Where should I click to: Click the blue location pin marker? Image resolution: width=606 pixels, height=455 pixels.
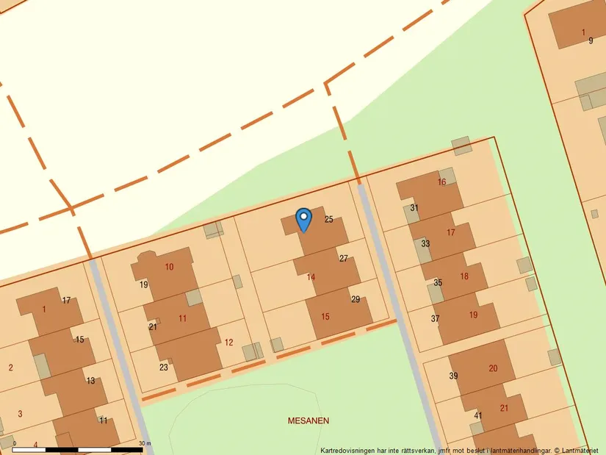click(x=303, y=219)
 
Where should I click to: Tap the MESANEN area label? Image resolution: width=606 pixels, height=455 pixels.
click(x=308, y=421)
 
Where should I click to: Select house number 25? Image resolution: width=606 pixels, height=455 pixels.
click(x=328, y=219)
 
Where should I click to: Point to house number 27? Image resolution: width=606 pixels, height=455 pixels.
click(x=344, y=259)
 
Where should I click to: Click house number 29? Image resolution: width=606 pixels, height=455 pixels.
click(x=356, y=299)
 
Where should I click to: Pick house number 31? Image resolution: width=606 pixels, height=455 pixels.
click(x=414, y=208)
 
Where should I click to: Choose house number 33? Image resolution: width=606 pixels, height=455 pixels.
click(x=425, y=243)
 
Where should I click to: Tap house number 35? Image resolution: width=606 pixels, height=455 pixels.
click(x=438, y=283)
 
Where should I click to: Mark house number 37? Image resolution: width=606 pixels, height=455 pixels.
click(x=435, y=318)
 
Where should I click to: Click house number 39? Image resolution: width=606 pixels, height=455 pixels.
click(x=453, y=376)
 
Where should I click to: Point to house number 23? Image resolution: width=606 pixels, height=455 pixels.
click(x=163, y=367)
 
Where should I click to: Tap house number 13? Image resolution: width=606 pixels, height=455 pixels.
click(x=90, y=381)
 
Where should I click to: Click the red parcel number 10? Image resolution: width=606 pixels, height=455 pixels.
click(x=169, y=266)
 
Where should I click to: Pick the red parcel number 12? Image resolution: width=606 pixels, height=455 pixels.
click(x=228, y=343)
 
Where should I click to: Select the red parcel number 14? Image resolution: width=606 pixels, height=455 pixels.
click(x=311, y=277)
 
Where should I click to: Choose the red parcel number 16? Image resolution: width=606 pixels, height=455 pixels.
click(x=441, y=182)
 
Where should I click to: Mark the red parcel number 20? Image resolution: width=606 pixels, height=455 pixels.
click(x=492, y=368)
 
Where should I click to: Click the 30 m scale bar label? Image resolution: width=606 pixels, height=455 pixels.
click(x=145, y=443)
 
